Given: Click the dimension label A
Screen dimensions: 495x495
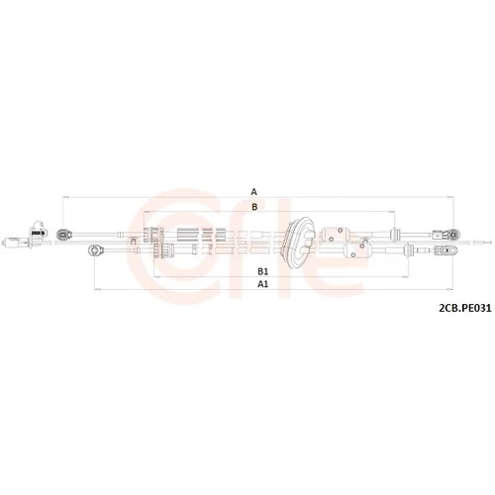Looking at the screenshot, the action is click(253, 191).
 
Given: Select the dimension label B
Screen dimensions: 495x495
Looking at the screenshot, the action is click(254, 207).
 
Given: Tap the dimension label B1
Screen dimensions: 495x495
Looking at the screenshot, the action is click(262, 271).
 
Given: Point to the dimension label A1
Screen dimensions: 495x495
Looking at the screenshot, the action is click(262, 284).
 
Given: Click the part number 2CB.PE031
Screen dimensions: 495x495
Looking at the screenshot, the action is click(465, 308).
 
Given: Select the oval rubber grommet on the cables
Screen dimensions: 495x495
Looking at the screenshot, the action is click(299, 243).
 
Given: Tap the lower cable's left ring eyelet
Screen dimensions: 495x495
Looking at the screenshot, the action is click(95, 250).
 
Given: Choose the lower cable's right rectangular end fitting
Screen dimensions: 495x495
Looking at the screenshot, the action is click(445, 250).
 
